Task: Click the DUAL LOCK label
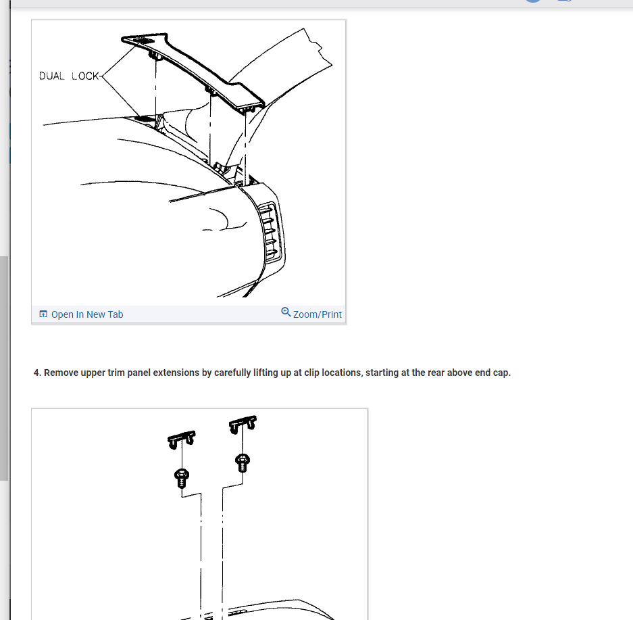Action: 69,76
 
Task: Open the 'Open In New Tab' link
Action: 87,314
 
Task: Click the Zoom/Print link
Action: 318,314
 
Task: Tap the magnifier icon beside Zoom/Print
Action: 286,312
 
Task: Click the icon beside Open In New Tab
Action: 43,314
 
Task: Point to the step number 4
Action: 37,373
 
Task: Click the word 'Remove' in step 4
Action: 61,373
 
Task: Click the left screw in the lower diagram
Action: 181,477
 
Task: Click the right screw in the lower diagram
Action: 242,463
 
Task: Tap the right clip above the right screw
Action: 243,425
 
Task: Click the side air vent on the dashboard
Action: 272,230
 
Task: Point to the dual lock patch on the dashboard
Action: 144,118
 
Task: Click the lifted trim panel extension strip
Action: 203,68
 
